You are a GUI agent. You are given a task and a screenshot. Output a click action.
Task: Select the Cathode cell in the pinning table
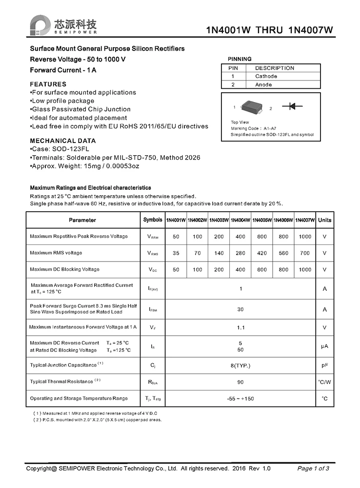[x=266, y=76]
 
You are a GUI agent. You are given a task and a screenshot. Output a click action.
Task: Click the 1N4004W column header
[x=240, y=220]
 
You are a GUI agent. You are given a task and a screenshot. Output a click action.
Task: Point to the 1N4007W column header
[x=305, y=220]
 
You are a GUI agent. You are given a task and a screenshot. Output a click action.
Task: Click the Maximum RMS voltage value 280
[x=240, y=253]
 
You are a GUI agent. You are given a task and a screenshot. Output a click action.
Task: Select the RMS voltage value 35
[x=176, y=253]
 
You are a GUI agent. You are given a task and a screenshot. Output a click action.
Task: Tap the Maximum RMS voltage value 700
[x=305, y=253]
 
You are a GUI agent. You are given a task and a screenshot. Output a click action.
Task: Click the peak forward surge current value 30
[x=240, y=309]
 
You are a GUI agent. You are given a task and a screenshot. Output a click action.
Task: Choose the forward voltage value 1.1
[x=240, y=327]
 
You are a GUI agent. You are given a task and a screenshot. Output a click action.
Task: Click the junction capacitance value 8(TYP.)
[x=240, y=365]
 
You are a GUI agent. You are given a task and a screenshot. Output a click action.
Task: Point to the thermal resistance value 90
[x=240, y=382]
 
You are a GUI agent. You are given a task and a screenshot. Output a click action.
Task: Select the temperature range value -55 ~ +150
[x=240, y=399]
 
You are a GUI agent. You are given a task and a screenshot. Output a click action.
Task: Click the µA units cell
[x=324, y=346]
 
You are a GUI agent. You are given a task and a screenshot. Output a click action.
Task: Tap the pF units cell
[x=324, y=365]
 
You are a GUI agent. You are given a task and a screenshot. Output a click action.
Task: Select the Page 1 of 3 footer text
[x=313, y=468]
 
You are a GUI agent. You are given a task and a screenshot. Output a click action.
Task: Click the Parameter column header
[x=82, y=220]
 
